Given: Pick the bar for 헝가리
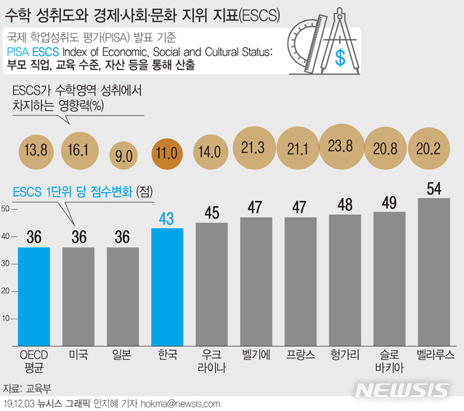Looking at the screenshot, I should click(345, 280).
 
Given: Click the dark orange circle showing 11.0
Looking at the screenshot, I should click(168, 153).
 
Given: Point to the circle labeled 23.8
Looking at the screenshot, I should click(346, 145).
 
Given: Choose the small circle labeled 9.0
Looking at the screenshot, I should click(124, 155).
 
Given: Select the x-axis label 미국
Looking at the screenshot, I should click(78, 355).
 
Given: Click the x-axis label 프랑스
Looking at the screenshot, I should click(301, 355).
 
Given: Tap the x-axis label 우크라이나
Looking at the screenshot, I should click(211, 361).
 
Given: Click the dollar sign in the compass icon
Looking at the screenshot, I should click(340, 59).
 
